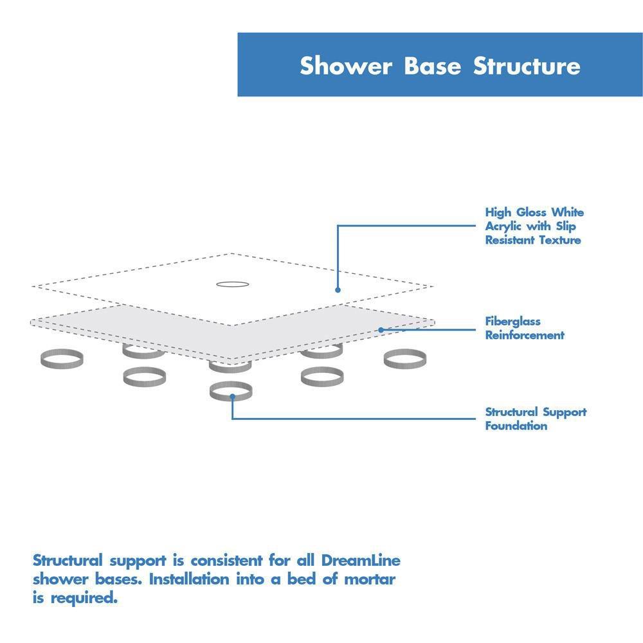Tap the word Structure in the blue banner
click(x=527, y=66)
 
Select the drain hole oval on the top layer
click(x=231, y=284)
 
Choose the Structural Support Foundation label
click(x=536, y=419)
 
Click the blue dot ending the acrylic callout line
click(x=338, y=290)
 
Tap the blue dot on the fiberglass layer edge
click(x=381, y=330)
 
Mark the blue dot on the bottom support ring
click(x=231, y=397)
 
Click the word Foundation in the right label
click(x=516, y=426)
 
